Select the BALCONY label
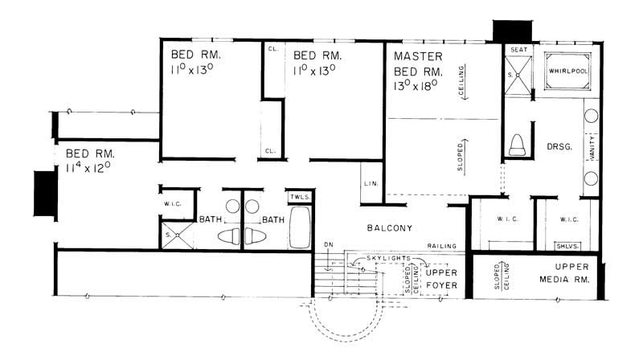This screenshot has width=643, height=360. click(390, 228)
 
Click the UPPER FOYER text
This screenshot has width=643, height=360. click(441, 279)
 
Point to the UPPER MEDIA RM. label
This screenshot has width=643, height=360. click(571, 274)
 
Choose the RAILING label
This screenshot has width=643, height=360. click(442, 246)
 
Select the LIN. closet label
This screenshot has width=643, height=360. click(371, 183)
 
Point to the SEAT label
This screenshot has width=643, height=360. click(519, 50)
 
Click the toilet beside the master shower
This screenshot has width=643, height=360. click(518, 145)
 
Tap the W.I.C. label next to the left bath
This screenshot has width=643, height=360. click(172, 203)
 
